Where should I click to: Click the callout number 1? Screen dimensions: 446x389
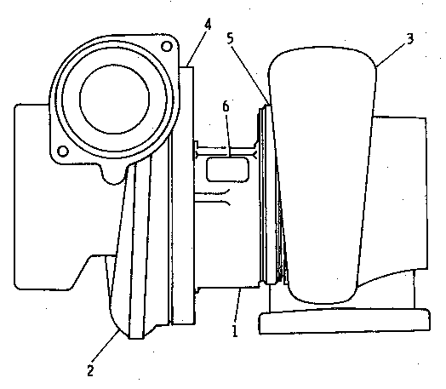point(235,331)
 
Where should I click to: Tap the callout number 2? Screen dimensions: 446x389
point(90,371)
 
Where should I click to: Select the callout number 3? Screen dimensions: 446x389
point(410,38)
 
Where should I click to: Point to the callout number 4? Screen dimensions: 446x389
point(208,24)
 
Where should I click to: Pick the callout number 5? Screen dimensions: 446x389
point(230,38)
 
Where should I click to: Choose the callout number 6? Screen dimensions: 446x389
point(226,106)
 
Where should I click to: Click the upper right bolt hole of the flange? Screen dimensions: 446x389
point(167,46)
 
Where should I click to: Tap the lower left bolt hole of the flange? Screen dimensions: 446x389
point(63,151)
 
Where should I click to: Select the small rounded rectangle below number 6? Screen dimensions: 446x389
point(227,169)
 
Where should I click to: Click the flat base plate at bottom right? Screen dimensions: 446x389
point(345,321)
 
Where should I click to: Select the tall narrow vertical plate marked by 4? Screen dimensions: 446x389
point(183,196)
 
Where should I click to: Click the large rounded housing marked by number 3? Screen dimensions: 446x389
point(323,174)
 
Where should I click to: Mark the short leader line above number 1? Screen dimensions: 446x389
point(238,306)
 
